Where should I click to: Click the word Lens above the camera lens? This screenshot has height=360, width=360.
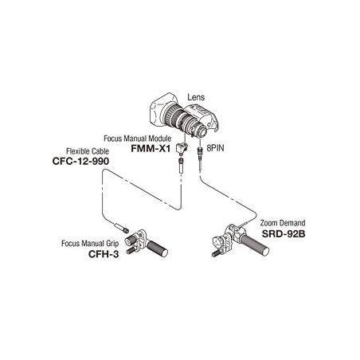pyautogui.click(x=196, y=97)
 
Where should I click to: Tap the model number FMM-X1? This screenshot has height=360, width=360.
pyautogui.click(x=151, y=148)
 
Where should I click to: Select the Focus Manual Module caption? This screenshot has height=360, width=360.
pyautogui.click(x=137, y=139)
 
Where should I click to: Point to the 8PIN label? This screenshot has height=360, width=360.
pyautogui.click(x=215, y=148)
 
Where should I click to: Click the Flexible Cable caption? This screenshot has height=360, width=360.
pyautogui.click(x=88, y=151)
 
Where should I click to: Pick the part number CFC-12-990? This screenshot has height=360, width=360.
pyautogui.click(x=80, y=161)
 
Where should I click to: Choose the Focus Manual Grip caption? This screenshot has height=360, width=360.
pyautogui.click(x=90, y=244)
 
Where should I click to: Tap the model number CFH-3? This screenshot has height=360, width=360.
pyautogui.click(x=104, y=254)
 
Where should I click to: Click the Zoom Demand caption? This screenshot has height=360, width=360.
pyautogui.click(x=283, y=223)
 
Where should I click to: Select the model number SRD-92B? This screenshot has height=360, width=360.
pyautogui.click(x=284, y=233)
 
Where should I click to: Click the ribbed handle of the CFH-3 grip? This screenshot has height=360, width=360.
pyautogui.click(x=157, y=248)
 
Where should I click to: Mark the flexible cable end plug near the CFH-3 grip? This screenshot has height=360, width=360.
pyautogui.click(x=122, y=228)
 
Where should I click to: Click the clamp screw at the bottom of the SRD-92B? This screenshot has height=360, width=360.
pyautogui.click(x=217, y=253)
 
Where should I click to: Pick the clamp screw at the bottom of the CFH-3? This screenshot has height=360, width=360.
pyautogui.click(x=131, y=250)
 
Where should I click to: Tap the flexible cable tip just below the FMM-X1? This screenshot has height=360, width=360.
pyautogui.click(x=181, y=166)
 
